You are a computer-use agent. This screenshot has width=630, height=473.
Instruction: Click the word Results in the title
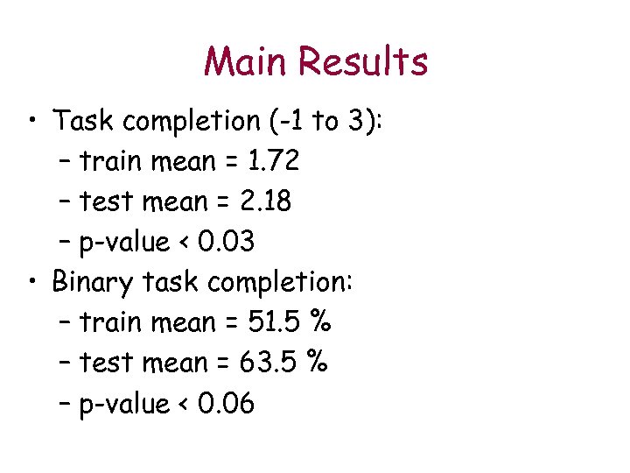tap(362, 62)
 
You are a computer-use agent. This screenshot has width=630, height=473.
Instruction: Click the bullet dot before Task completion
tap(31, 121)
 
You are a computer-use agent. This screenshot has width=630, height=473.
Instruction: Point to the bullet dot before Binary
tap(31, 282)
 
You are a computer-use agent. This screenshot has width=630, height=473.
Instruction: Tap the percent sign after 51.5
tap(321, 322)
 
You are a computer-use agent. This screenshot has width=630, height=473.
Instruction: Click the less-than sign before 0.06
tap(185, 405)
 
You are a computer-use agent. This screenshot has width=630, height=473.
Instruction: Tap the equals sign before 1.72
tap(231, 162)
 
